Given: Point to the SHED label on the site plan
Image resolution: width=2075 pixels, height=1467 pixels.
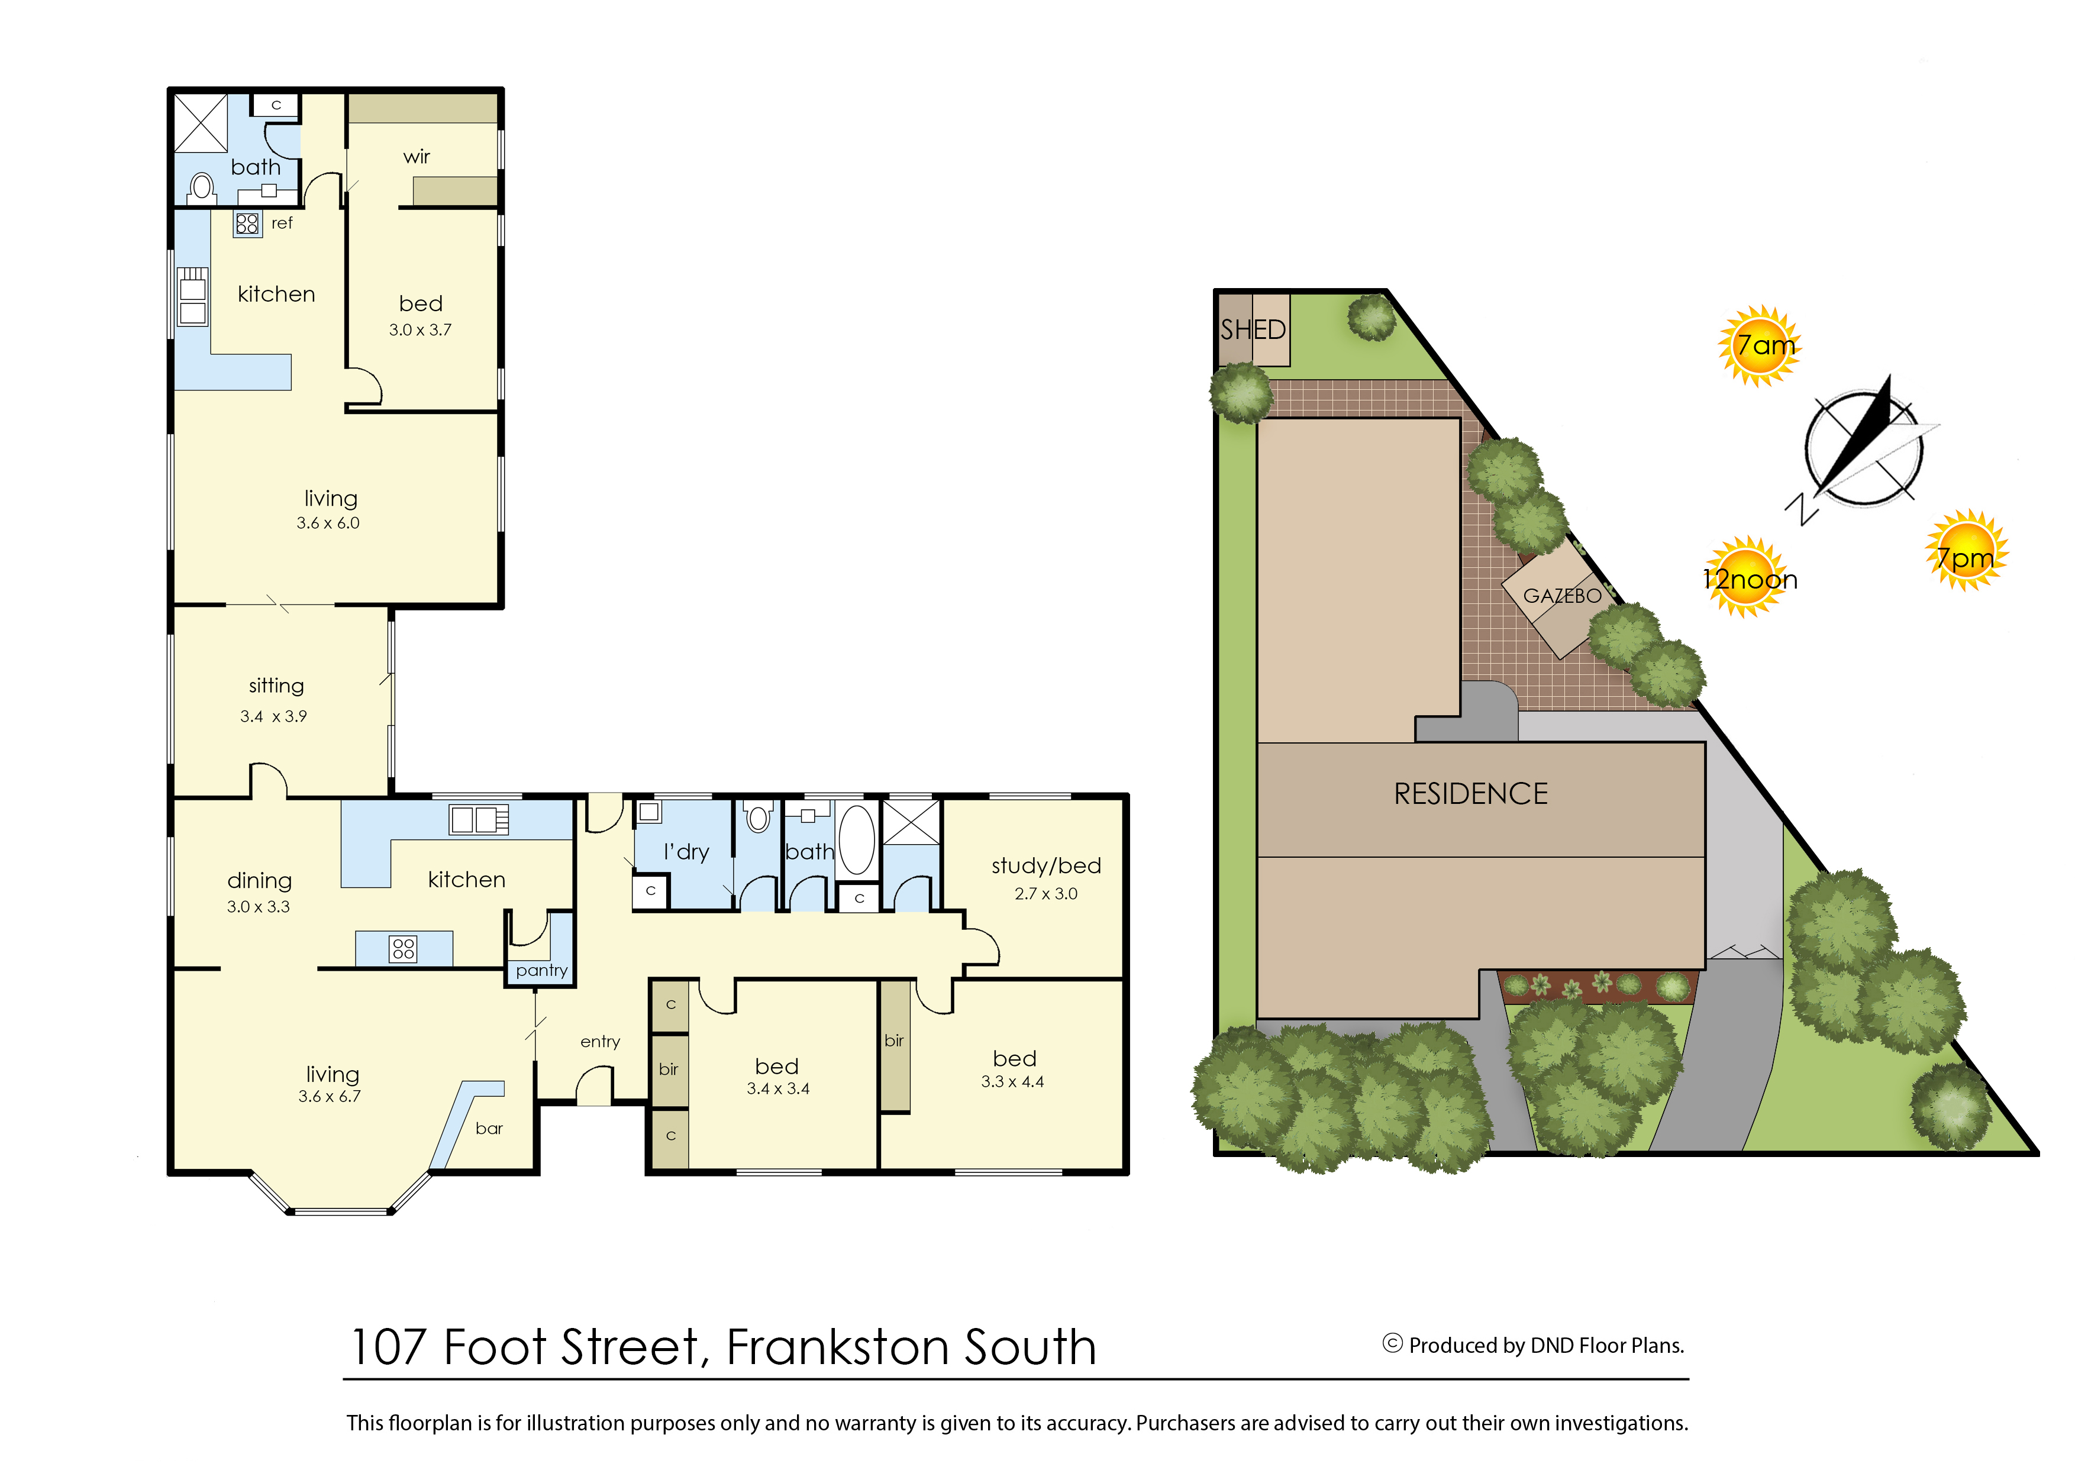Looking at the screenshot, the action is [x=1253, y=329].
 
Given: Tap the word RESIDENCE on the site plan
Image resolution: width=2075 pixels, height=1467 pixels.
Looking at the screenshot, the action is [x=1470, y=794].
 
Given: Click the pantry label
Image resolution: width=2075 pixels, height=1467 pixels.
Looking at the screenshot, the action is [x=541, y=971].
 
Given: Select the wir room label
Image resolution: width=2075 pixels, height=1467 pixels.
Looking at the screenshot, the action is [x=417, y=157].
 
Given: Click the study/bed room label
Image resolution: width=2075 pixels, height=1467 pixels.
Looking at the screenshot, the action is [x=1045, y=866].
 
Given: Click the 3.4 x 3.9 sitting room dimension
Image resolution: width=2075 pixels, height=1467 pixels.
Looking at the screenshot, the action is [x=273, y=716].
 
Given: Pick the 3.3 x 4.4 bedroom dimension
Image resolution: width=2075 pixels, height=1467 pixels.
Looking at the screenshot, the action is [x=1012, y=1082].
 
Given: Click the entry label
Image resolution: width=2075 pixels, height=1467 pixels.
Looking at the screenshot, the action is [x=600, y=1042].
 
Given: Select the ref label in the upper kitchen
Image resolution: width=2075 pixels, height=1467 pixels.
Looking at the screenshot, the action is [x=282, y=223].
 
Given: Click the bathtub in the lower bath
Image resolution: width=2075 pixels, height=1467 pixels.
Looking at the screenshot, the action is [x=857, y=839].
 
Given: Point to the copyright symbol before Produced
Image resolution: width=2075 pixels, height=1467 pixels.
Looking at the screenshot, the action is [x=1393, y=1343].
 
